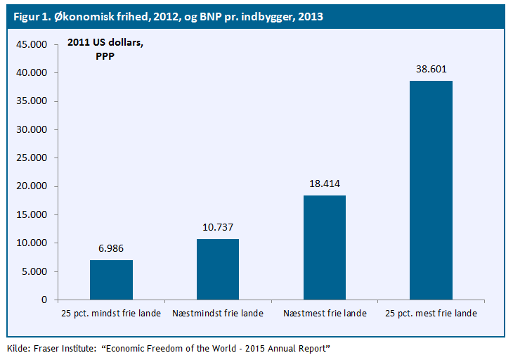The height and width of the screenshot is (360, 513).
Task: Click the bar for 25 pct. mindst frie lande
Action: coord(111,280)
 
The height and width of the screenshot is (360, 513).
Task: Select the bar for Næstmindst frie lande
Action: coord(218,269)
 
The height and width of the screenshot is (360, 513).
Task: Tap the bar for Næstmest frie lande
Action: coord(324,247)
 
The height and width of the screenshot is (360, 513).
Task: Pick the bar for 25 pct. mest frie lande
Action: coord(431,190)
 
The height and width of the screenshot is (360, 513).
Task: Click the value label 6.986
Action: coord(111,248)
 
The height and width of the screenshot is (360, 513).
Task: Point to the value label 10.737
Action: coord(218,227)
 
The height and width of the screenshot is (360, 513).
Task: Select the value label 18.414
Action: coord(324,184)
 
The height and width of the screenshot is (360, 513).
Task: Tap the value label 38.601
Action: coord(431,69)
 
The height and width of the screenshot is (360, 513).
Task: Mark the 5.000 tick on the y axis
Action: coord(34,271)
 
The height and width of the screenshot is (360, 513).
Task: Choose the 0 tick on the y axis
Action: coord(44,300)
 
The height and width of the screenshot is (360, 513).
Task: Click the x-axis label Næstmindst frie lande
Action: coord(218,314)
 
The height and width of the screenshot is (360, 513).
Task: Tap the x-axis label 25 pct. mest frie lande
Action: coord(431,314)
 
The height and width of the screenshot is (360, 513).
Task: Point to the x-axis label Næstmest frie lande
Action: coord(324,314)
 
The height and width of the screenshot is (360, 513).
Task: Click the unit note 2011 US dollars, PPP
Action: coord(105,49)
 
